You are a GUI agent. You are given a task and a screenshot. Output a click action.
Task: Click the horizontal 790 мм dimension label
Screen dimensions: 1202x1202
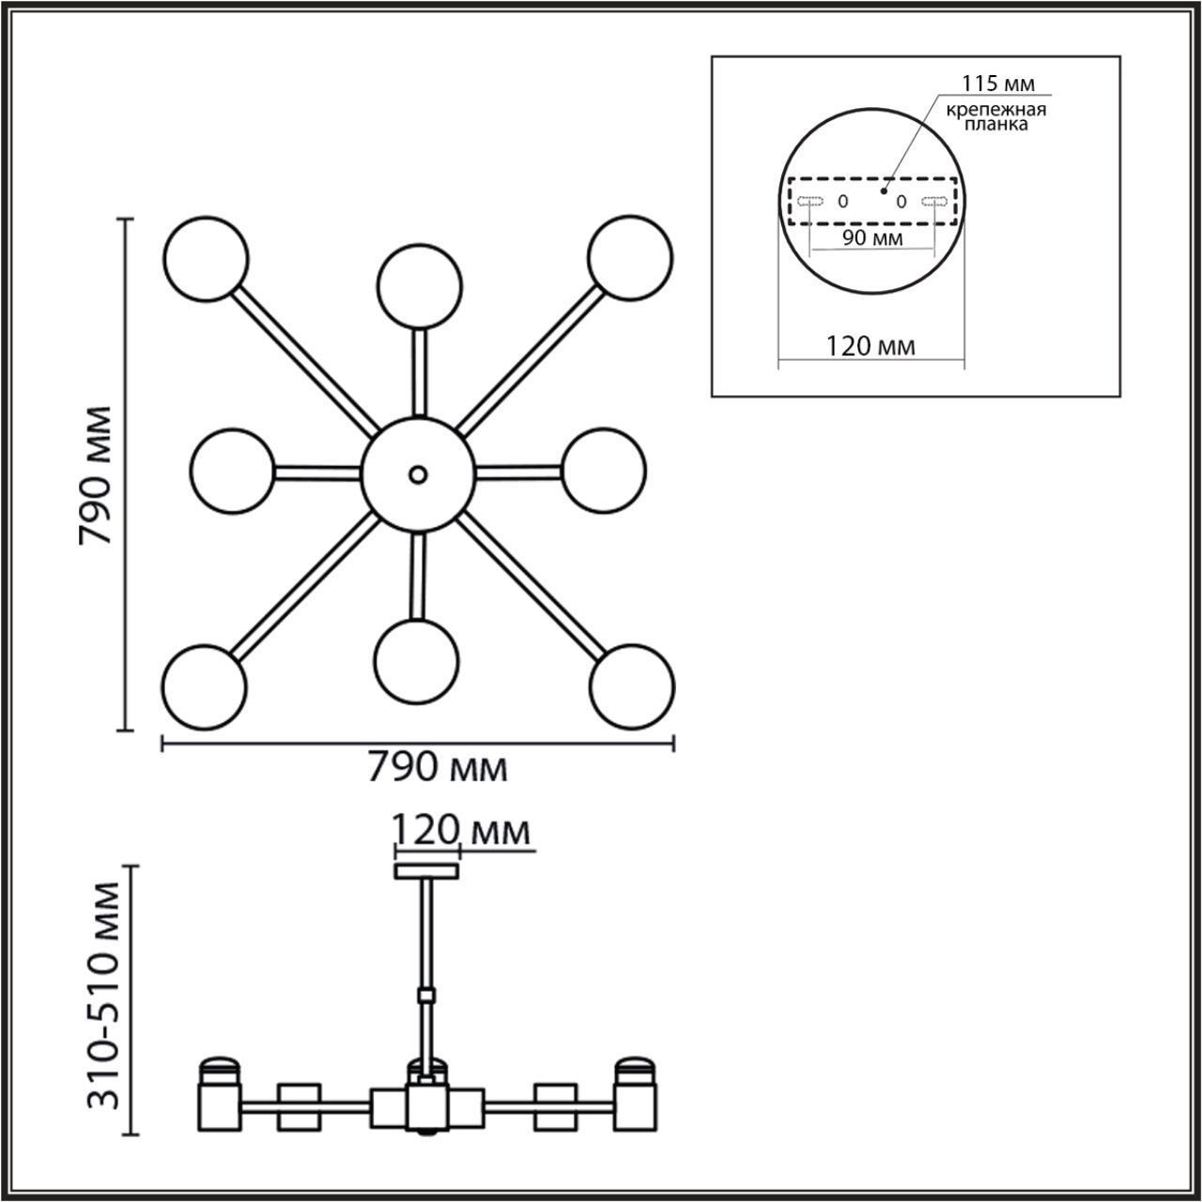(x=437, y=768)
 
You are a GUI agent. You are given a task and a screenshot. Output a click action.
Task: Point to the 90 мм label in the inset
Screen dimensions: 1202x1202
(x=872, y=239)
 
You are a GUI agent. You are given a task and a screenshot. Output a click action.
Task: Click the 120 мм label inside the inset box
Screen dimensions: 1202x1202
(x=871, y=347)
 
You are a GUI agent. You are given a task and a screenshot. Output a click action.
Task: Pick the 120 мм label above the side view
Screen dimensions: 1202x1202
(x=460, y=831)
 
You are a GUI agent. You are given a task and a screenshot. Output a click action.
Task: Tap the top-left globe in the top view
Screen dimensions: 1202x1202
(x=206, y=259)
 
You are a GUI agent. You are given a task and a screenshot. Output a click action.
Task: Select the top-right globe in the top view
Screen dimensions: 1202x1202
(x=630, y=259)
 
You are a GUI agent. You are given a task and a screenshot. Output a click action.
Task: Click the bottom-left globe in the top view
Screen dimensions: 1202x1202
(x=204, y=686)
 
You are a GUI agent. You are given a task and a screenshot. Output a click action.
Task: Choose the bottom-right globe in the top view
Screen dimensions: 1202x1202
(x=631, y=686)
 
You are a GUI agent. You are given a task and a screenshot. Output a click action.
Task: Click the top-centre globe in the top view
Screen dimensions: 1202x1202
(x=419, y=286)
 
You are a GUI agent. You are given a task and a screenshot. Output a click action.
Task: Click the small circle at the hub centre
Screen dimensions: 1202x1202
(x=418, y=474)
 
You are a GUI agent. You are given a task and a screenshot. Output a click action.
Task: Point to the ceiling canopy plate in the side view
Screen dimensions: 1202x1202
(x=426, y=871)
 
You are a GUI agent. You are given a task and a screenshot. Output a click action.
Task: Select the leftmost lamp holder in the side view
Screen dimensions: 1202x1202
(x=218, y=1098)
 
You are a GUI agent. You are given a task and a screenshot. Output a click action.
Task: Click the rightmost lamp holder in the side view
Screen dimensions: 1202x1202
(x=636, y=1098)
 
